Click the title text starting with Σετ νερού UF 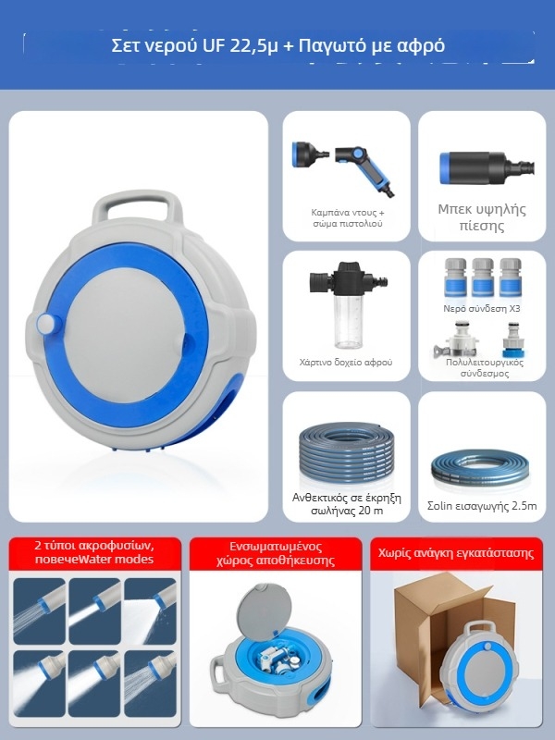tap(278, 46)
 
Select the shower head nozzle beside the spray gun tap(309, 154)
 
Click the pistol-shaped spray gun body tap(365, 167)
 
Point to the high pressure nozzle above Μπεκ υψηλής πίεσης tap(487, 168)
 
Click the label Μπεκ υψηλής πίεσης tap(482, 217)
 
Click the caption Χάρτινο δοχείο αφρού tap(346, 363)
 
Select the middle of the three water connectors tap(483, 277)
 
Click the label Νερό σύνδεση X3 tap(481, 309)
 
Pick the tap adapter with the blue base tap(512, 339)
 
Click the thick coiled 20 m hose tap(348, 452)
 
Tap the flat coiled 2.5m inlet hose tap(481, 471)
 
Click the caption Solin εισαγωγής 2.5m tap(482, 506)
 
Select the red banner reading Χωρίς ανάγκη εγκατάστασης tap(456, 553)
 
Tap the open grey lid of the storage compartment tap(265, 609)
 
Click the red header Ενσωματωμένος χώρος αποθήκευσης tap(276, 553)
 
